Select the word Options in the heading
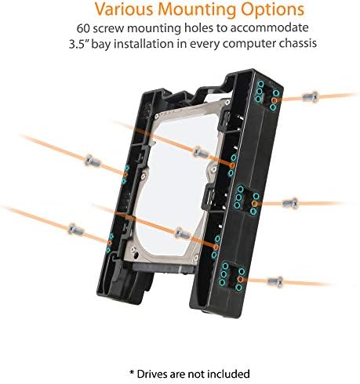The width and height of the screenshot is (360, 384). point(273,10)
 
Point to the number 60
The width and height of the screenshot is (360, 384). point(83,28)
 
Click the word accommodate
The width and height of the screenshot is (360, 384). point(269,28)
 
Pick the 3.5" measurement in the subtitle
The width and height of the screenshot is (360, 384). point(78,44)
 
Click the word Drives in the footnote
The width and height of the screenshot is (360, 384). point(151,374)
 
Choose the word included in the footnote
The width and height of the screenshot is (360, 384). point(228,374)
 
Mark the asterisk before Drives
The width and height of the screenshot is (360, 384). point(132,372)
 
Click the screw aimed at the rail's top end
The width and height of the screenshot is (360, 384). point(311,97)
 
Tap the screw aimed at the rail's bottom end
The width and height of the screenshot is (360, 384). point(275,281)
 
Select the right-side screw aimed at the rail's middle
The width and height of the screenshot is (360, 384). point(290,203)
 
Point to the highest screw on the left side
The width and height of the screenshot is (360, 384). point(93,161)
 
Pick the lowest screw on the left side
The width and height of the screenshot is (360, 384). point(76,229)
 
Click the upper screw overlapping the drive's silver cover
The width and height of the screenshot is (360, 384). point(201,152)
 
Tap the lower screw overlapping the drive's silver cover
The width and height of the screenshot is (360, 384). point(182,233)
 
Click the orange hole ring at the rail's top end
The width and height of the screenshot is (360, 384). point(275,100)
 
